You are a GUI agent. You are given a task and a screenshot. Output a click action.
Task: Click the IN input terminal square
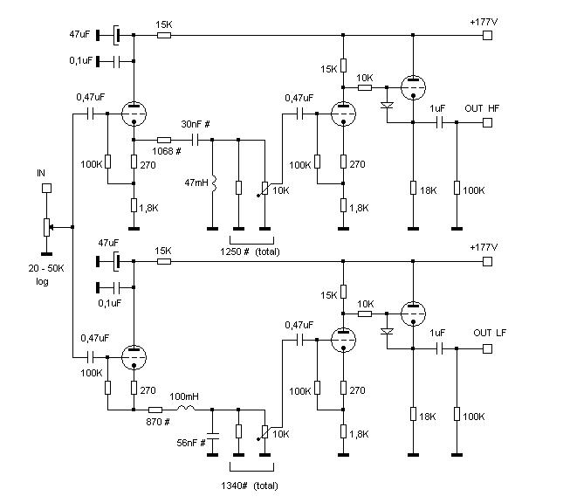point(47,187)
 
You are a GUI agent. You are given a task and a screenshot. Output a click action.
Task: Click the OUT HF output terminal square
point(488,124)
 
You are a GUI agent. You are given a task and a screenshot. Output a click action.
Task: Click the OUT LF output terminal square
point(488,348)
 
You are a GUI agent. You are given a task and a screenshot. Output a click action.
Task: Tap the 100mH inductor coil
point(186,409)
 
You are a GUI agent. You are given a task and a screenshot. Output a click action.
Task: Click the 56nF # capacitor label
point(192,443)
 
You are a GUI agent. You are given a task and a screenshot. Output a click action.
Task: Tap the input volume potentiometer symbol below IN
point(47,227)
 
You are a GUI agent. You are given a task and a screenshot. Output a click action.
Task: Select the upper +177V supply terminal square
point(488,35)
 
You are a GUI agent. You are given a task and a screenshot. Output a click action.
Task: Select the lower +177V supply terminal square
point(488,260)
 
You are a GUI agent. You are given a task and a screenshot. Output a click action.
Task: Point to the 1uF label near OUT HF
point(438,107)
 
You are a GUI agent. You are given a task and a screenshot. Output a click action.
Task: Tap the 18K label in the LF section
point(427,417)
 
